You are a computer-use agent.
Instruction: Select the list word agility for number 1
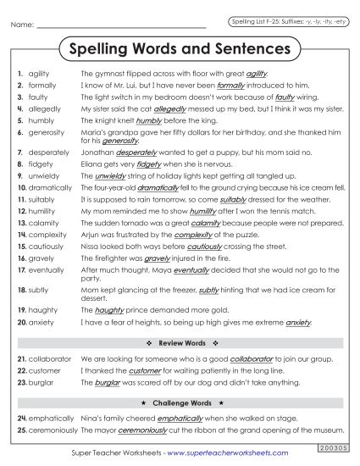39,75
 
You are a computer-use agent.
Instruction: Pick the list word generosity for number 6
46,133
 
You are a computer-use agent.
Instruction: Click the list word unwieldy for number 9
43,175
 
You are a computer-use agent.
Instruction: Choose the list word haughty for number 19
42,310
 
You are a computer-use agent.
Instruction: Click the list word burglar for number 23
42,382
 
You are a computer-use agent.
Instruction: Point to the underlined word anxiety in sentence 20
299,322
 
